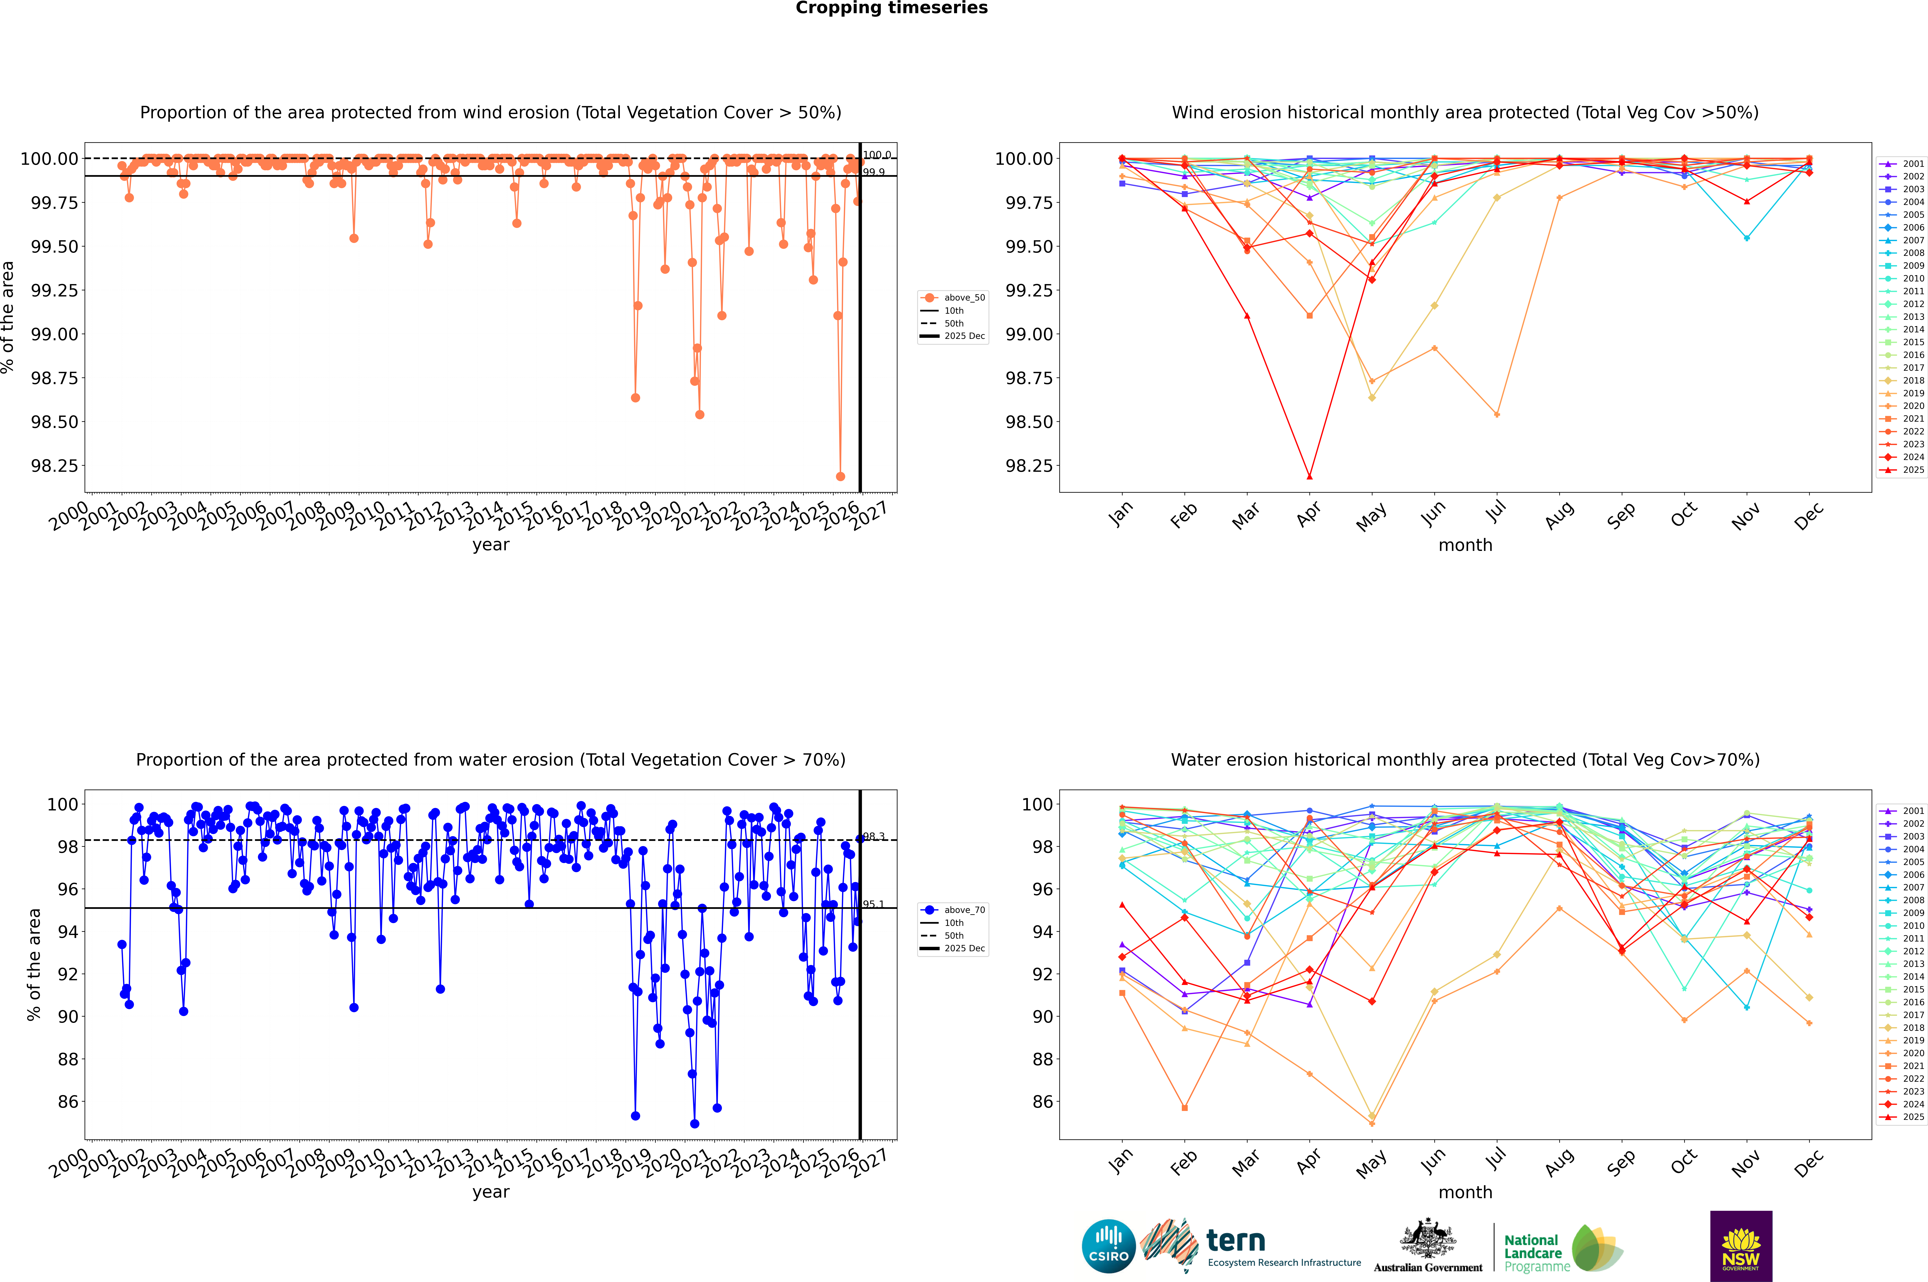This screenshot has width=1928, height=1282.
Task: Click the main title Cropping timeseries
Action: pos(891,8)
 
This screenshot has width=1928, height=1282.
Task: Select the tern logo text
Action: pos(1236,1241)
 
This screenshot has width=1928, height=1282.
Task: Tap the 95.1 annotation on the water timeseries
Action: pos(874,904)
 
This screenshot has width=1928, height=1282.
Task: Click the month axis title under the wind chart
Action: pos(1465,545)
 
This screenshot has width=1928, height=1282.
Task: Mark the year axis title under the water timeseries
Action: pos(490,1192)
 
